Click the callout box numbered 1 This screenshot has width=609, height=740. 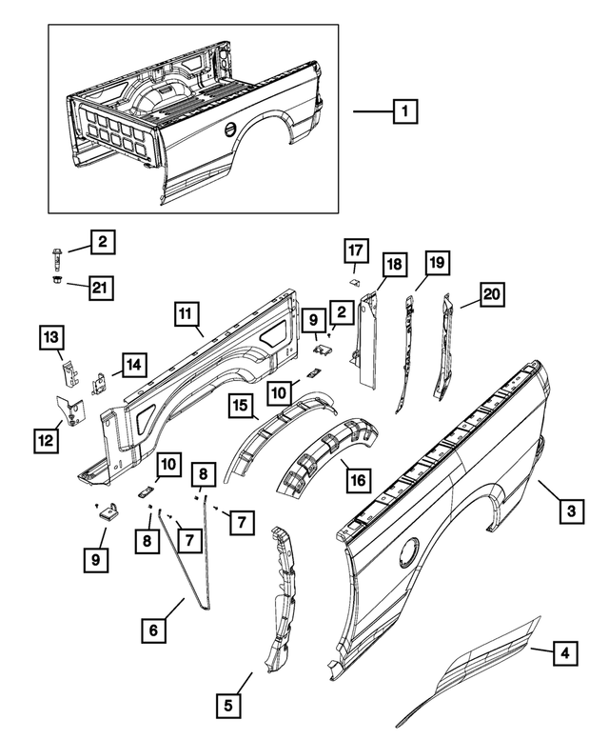point(406,112)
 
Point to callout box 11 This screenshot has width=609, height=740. point(187,313)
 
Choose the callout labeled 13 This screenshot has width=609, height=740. point(51,337)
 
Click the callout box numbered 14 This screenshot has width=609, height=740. point(134,363)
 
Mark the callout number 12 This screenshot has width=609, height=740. point(46,441)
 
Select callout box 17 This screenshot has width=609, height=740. point(355,251)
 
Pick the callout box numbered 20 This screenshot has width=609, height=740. point(491,295)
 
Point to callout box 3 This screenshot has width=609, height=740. point(570,512)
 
